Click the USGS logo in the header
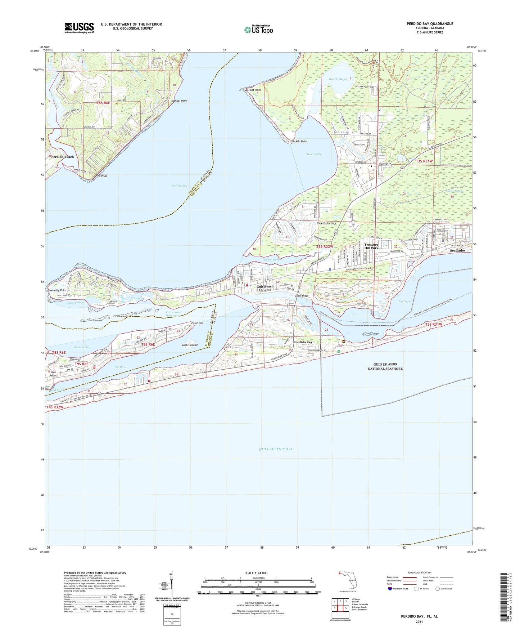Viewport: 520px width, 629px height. (x=79, y=28)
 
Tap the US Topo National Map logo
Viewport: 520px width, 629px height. (x=258, y=29)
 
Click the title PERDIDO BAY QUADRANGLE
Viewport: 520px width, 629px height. (x=430, y=24)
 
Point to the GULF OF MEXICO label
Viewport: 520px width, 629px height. (x=275, y=449)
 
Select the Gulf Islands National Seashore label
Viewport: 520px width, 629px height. (x=385, y=366)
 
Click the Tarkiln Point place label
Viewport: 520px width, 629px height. (x=299, y=142)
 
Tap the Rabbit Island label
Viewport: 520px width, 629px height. (x=189, y=345)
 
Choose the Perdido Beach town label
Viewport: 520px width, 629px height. (x=62, y=157)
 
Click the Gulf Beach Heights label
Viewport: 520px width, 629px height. (x=265, y=288)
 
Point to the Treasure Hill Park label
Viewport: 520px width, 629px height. (x=371, y=246)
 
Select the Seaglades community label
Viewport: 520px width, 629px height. (x=458, y=250)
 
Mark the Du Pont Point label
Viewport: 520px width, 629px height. (x=252, y=90)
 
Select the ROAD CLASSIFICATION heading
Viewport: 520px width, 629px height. (x=419, y=572)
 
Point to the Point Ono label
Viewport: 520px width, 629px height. (x=197, y=323)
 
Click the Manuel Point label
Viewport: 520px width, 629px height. (x=179, y=101)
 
